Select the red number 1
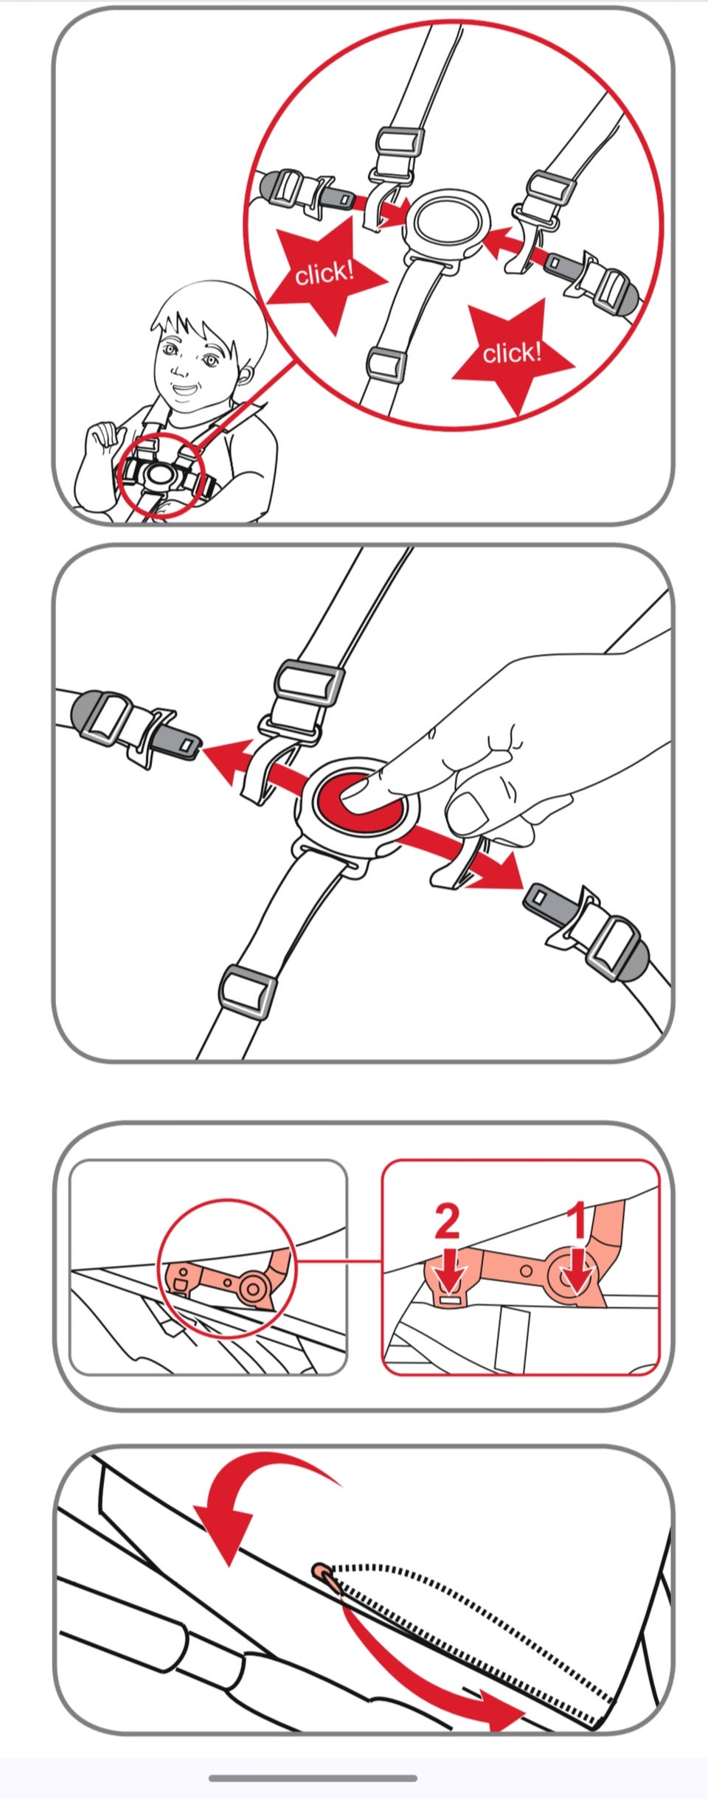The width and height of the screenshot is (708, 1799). [579, 1219]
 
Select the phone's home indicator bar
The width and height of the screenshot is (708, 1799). [313, 1778]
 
